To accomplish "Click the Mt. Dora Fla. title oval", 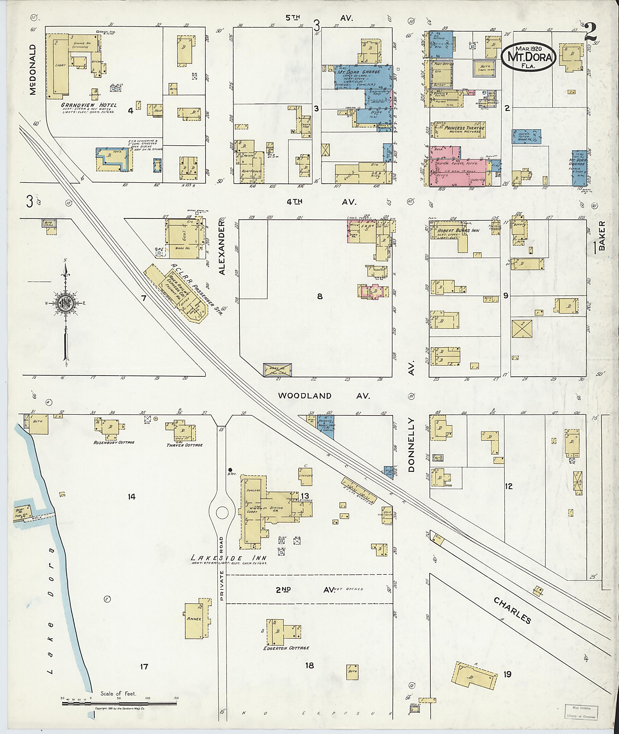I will (528, 57).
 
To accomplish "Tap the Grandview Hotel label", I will (89, 105).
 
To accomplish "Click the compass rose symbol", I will (65, 302).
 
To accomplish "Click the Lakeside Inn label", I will (228, 558).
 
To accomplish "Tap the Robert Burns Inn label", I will (453, 231).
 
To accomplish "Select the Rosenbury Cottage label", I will (114, 442).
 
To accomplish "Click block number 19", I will (507, 674).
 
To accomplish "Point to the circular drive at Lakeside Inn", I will (222, 513).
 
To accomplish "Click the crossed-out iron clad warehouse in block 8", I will (277, 370).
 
